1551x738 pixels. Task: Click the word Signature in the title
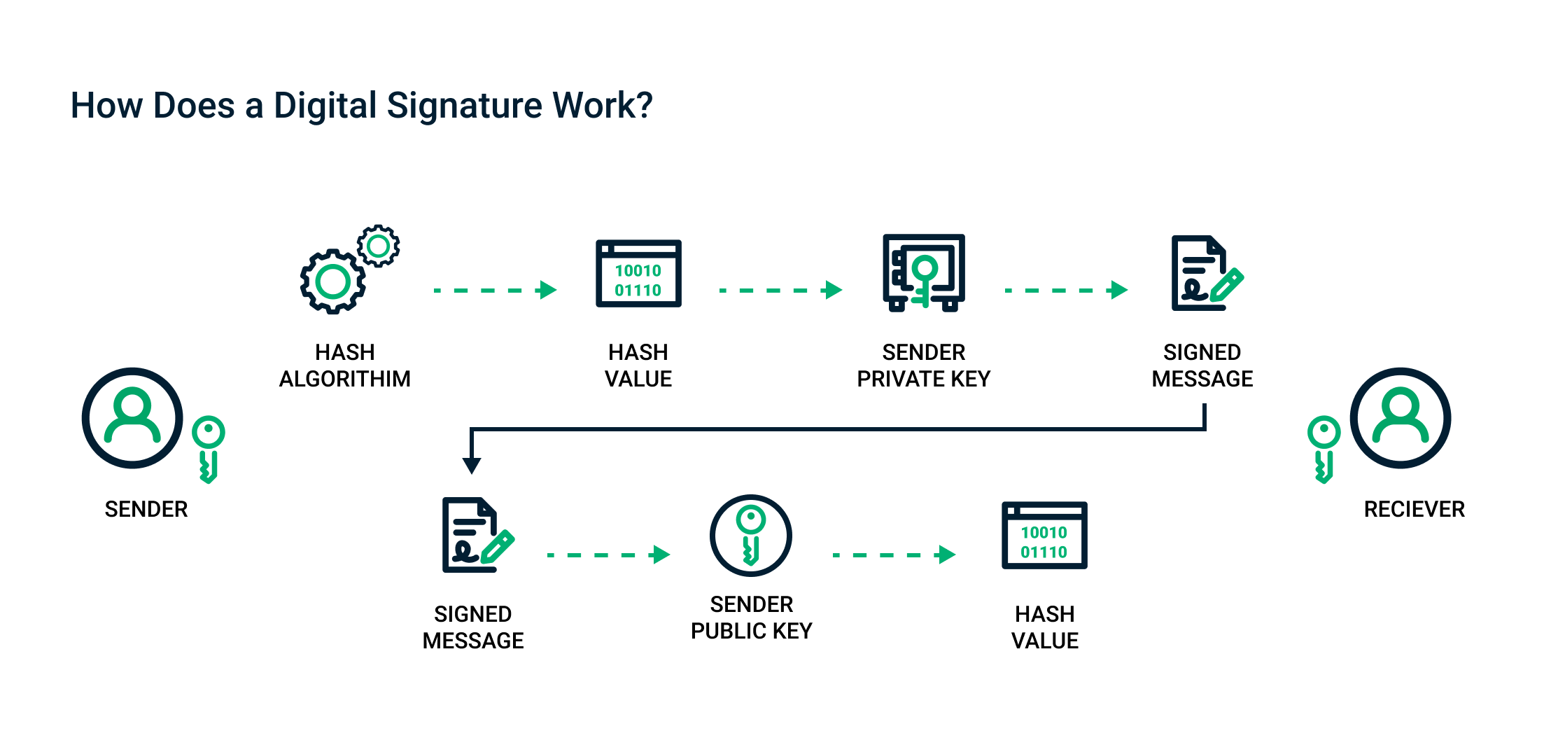(x=463, y=106)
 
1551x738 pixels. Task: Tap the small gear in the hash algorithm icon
(x=378, y=246)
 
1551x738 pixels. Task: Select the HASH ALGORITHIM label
(x=344, y=365)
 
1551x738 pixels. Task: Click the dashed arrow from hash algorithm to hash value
(x=494, y=290)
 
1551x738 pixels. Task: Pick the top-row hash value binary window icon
(x=638, y=274)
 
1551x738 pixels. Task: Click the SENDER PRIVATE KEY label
(x=923, y=365)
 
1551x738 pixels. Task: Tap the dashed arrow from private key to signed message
(x=1065, y=290)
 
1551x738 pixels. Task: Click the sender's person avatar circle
(x=132, y=418)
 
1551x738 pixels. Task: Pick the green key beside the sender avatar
(x=209, y=449)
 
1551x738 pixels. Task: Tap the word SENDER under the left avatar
(x=146, y=509)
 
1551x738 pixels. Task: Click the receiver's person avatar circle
(x=1401, y=418)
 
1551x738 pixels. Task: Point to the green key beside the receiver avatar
(x=1324, y=449)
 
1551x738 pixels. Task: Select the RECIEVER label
(x=1414, y=509)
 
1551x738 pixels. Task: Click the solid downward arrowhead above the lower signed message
(x=472, y=465)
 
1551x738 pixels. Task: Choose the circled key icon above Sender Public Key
(x=751, y=536)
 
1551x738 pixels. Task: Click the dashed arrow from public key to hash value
(x=894, y=555)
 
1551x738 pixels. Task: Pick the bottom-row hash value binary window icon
(x=1044, y=536)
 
